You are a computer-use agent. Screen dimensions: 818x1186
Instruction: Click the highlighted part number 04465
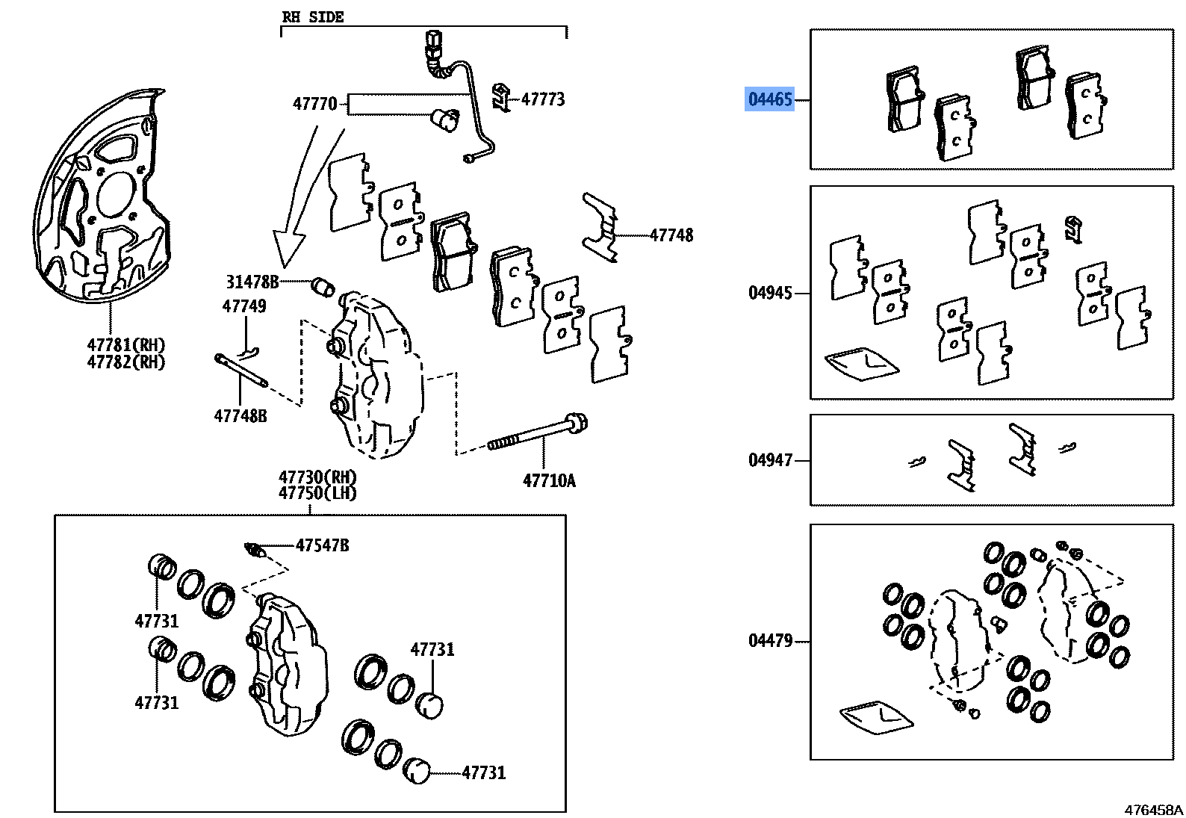[769, 99]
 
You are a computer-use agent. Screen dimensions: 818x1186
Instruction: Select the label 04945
[769, 293]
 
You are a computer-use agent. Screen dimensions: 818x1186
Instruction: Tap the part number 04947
[769, 460]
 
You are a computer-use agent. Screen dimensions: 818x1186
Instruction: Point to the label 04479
[769, 641]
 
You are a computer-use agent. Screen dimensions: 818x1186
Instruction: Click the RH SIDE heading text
[312, 17]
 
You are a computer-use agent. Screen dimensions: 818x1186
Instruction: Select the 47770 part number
[314, 104]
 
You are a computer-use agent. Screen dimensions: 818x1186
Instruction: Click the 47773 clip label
[542, 99]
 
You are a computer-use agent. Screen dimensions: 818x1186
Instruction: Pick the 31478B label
[252, 282]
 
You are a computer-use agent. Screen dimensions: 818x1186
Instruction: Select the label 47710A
[549, 481]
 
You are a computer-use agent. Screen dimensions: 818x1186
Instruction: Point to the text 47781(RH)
[125, 345]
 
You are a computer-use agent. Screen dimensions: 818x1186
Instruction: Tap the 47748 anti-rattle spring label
[671, 235]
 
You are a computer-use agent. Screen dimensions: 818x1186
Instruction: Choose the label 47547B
[322, 545]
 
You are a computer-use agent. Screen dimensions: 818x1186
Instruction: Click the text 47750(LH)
[317, 493]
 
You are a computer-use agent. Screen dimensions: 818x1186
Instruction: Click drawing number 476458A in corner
[1153, 810]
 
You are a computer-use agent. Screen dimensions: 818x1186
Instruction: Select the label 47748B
[240, 416]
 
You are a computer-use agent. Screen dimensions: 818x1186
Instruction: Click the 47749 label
[243, 306]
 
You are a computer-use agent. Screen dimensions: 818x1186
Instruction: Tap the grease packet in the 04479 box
[875, 717]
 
